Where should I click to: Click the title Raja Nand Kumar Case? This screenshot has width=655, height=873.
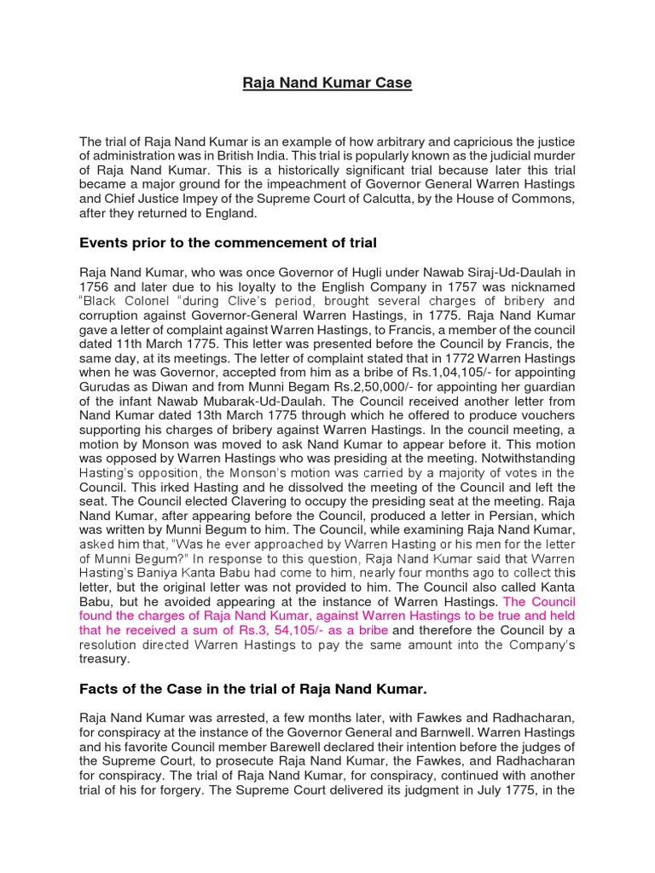coord(327,83)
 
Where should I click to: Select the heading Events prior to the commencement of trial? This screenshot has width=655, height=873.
coord(228,243)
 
